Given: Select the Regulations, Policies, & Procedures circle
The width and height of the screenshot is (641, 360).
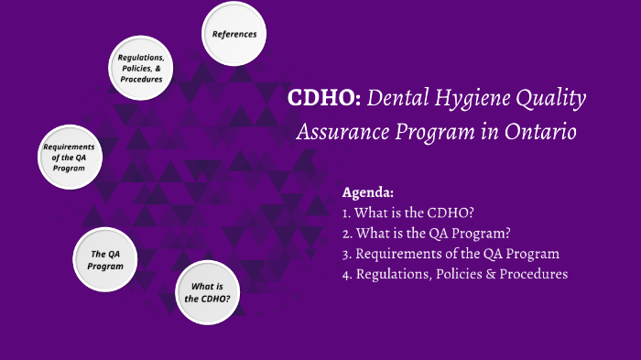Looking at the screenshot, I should click(x=141, y=68).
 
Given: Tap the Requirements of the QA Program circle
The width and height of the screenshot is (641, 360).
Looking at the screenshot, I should click(x=69, y=158).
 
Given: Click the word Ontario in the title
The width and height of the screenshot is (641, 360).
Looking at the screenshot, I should click(x=542, y=132).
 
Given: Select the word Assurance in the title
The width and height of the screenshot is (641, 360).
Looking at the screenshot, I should click(x=339, y=132).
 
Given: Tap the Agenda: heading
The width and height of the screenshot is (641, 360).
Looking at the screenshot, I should click(x=368, y=193).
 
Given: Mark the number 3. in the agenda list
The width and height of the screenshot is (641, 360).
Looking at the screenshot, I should click(x=347, y=254).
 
